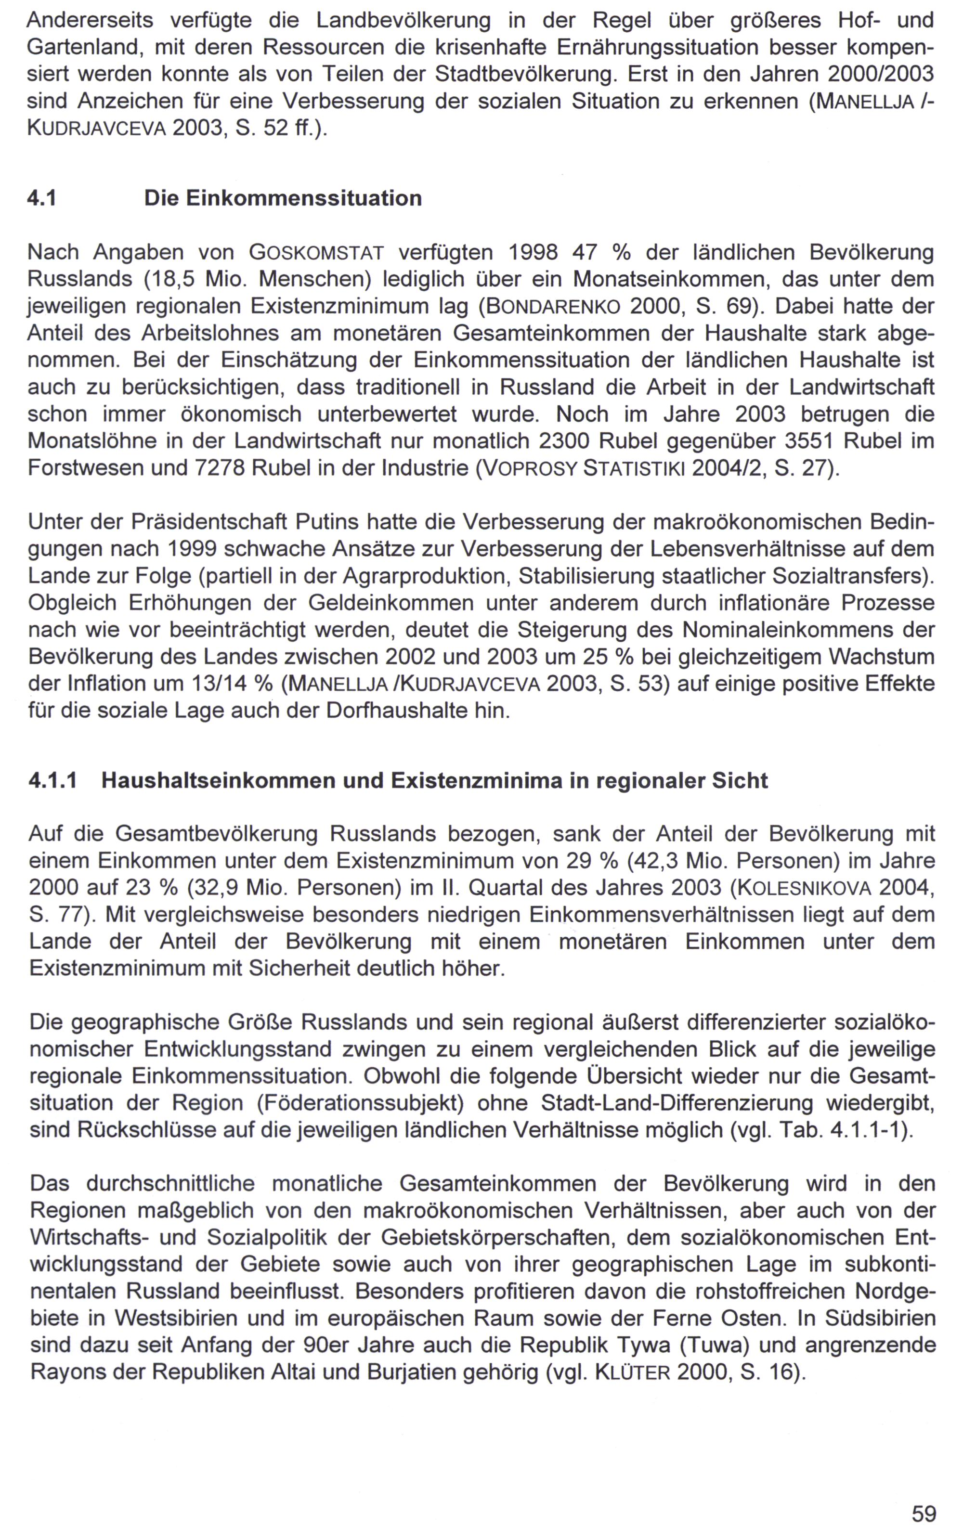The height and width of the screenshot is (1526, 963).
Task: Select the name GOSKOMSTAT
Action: click(x=316, y=253)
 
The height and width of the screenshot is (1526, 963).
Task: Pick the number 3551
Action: click(x=809, y=440)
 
